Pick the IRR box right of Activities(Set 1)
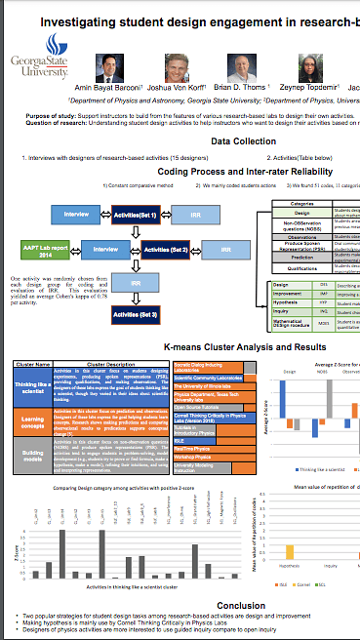(198, 214)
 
